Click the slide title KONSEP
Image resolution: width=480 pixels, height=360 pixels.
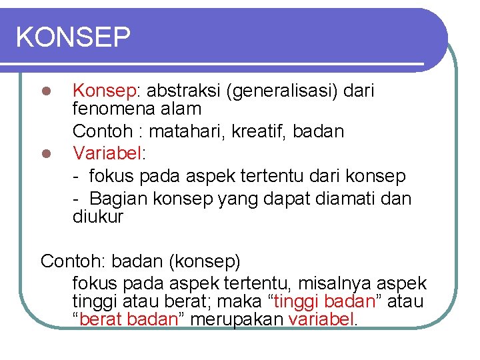(x=73, y=37)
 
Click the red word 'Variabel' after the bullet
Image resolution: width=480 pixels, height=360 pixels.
(x=107, y=153)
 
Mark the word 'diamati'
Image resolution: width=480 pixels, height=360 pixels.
(x=345, y=199)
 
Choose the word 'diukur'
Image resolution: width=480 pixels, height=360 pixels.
(x=98, y=217)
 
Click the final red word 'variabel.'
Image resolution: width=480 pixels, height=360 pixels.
(x=323, y=319)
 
